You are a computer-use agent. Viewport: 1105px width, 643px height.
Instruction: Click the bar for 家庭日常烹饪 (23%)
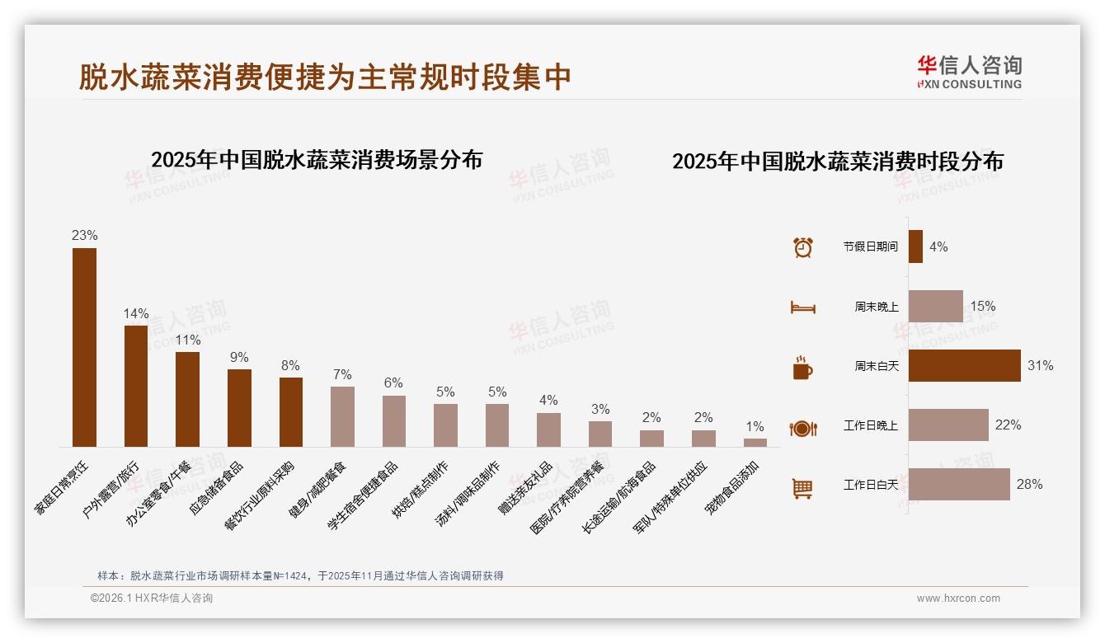[84, 347]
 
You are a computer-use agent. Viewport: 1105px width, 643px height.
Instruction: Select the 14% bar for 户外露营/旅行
[136, 386]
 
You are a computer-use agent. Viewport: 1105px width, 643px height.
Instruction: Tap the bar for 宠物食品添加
[755, 443]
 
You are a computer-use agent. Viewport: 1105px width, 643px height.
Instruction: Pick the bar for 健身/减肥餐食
[342, 416]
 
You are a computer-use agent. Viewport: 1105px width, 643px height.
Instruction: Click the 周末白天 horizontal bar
[964, 365]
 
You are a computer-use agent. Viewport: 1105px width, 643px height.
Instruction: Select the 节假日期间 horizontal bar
[915, 246]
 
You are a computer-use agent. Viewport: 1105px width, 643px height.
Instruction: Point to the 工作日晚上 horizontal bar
[948, 425]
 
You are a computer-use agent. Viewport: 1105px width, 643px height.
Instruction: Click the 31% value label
[1040, 365]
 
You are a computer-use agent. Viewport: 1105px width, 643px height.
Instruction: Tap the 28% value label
[1029, 484]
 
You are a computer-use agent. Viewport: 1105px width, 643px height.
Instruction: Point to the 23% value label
[84, 235]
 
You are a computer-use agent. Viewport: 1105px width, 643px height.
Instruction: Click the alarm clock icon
[802, 247]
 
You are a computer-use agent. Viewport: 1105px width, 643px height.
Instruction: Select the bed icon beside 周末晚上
[802, 307]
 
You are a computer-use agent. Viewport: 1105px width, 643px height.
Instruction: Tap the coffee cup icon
[802, 368]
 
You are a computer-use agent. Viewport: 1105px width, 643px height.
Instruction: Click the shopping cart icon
[802, 488]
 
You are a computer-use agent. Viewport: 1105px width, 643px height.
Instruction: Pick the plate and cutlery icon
[802, 428]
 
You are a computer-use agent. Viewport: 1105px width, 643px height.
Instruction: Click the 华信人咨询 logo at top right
[969, 72]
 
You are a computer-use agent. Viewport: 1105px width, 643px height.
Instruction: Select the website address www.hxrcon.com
[958, 598]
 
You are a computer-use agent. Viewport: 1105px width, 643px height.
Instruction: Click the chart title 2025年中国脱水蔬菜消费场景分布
[317, 159]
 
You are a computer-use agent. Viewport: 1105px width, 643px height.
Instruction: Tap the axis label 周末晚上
[876, 307]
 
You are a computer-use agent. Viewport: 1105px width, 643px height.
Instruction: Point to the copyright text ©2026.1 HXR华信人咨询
[152, 598]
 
